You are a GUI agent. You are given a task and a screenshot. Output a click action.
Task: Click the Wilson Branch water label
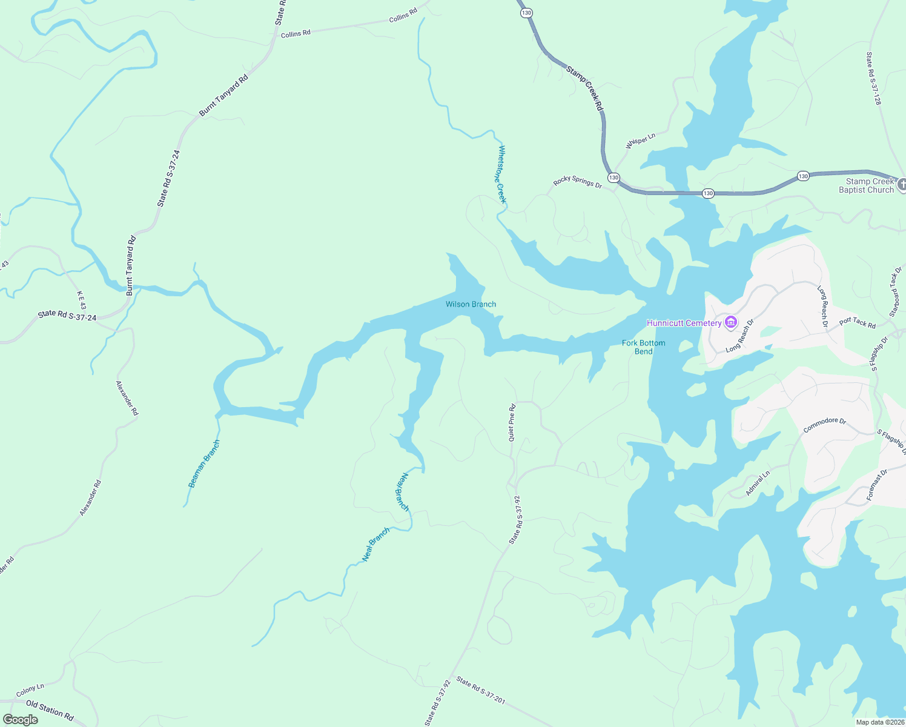[x=471, y=304]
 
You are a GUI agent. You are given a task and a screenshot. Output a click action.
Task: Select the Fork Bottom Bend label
[x=643, y=347]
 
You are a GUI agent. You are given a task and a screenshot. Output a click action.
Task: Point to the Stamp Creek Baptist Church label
[x=866, y=185]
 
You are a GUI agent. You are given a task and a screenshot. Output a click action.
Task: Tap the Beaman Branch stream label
[x=203, y=464]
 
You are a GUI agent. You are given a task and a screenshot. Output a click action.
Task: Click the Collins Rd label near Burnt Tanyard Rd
[x=296, y=34]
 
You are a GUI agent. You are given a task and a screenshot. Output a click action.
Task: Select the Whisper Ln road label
[x=640, y=141]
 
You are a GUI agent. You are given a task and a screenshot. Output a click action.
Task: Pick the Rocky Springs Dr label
[x=577, y=182]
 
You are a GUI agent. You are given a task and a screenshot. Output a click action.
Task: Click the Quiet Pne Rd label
[x=512, y=422]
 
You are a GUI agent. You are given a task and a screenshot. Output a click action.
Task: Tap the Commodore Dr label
[x=824, y=425]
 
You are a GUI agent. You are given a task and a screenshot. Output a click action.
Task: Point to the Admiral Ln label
[x=758, y=483]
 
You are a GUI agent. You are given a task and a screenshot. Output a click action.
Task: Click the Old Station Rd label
[x=50, y=711]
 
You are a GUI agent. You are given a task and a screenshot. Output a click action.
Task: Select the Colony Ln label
[x=30, y=690]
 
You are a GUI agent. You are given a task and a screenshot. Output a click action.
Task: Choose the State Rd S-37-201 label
[x=480, y=690]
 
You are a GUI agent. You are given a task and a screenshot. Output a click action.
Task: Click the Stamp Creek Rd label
[x=585, y=88]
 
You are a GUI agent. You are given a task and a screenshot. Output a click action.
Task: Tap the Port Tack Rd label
[x=858, y=323]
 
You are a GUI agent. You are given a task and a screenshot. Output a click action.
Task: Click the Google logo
[x=20, y=720]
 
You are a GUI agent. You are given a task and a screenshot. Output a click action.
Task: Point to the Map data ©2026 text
[x=879, y=722]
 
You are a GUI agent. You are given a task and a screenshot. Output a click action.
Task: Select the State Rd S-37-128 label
[x=873, y=78]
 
